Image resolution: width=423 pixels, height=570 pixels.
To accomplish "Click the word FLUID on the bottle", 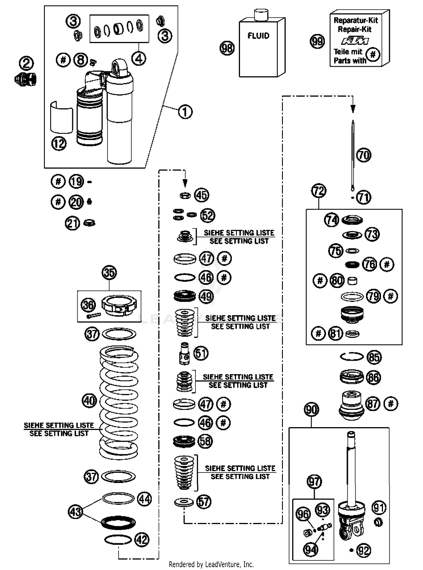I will point(258,36).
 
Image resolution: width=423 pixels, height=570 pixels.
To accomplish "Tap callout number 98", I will point(227,48).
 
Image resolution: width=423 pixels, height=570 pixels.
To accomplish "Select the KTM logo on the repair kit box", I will point(355,41).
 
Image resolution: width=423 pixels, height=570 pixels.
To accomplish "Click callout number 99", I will point(317,41).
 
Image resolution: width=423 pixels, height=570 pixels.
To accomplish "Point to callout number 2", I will point(26,63).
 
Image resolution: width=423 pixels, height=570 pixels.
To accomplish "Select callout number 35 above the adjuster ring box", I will point(109,273).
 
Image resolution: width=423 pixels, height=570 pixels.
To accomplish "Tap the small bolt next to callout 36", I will point(94,316).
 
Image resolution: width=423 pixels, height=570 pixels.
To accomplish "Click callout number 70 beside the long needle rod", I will point(363,155).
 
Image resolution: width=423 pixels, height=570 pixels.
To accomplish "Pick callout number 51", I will point(201,353).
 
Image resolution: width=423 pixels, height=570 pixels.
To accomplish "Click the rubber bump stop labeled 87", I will point(351,405).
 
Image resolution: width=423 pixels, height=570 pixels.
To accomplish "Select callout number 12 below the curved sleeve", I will point(59,144).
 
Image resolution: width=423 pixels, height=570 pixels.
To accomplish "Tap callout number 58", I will point(205,441).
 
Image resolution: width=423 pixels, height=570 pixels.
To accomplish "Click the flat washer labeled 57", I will point(184,502).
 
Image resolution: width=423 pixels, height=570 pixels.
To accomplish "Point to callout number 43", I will point(75,512).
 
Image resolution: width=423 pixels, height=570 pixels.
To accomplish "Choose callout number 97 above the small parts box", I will point(314,482).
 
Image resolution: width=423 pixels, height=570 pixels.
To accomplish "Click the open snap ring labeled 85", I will point(352,357).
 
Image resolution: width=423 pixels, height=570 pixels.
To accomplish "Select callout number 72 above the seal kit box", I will point(319,191).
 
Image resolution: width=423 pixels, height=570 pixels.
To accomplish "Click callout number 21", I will point(72,223).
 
